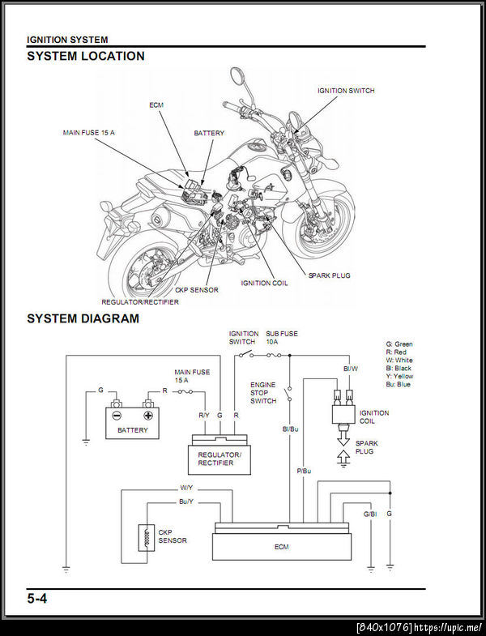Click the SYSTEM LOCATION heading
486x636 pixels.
(86, 56)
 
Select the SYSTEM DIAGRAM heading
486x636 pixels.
(83, 318)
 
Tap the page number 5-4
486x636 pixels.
(37, 598)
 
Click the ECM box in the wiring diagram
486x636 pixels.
(282, 542)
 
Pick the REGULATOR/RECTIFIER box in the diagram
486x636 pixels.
(220, 455)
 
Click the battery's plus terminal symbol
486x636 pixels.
(148, 416)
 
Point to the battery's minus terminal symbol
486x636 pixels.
(117, 416)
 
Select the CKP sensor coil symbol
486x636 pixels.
(147, 538)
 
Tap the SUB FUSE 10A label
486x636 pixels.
(282, 338)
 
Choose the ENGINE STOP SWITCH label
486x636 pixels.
(263, 393)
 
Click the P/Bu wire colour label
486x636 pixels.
(304, 471)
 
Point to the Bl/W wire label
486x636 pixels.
(351, 369)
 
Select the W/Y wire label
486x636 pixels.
(186, 488)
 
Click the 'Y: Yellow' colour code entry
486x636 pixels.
(399, 376)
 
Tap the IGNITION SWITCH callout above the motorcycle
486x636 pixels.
(346, 91)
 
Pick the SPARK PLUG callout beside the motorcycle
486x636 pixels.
(329, 275)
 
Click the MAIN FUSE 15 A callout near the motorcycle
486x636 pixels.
(89, 132)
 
